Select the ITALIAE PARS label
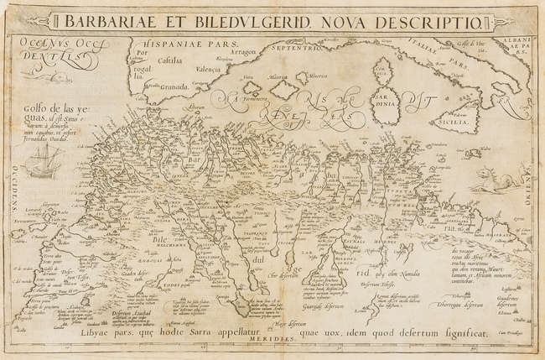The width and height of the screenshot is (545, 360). coord(459,60)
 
